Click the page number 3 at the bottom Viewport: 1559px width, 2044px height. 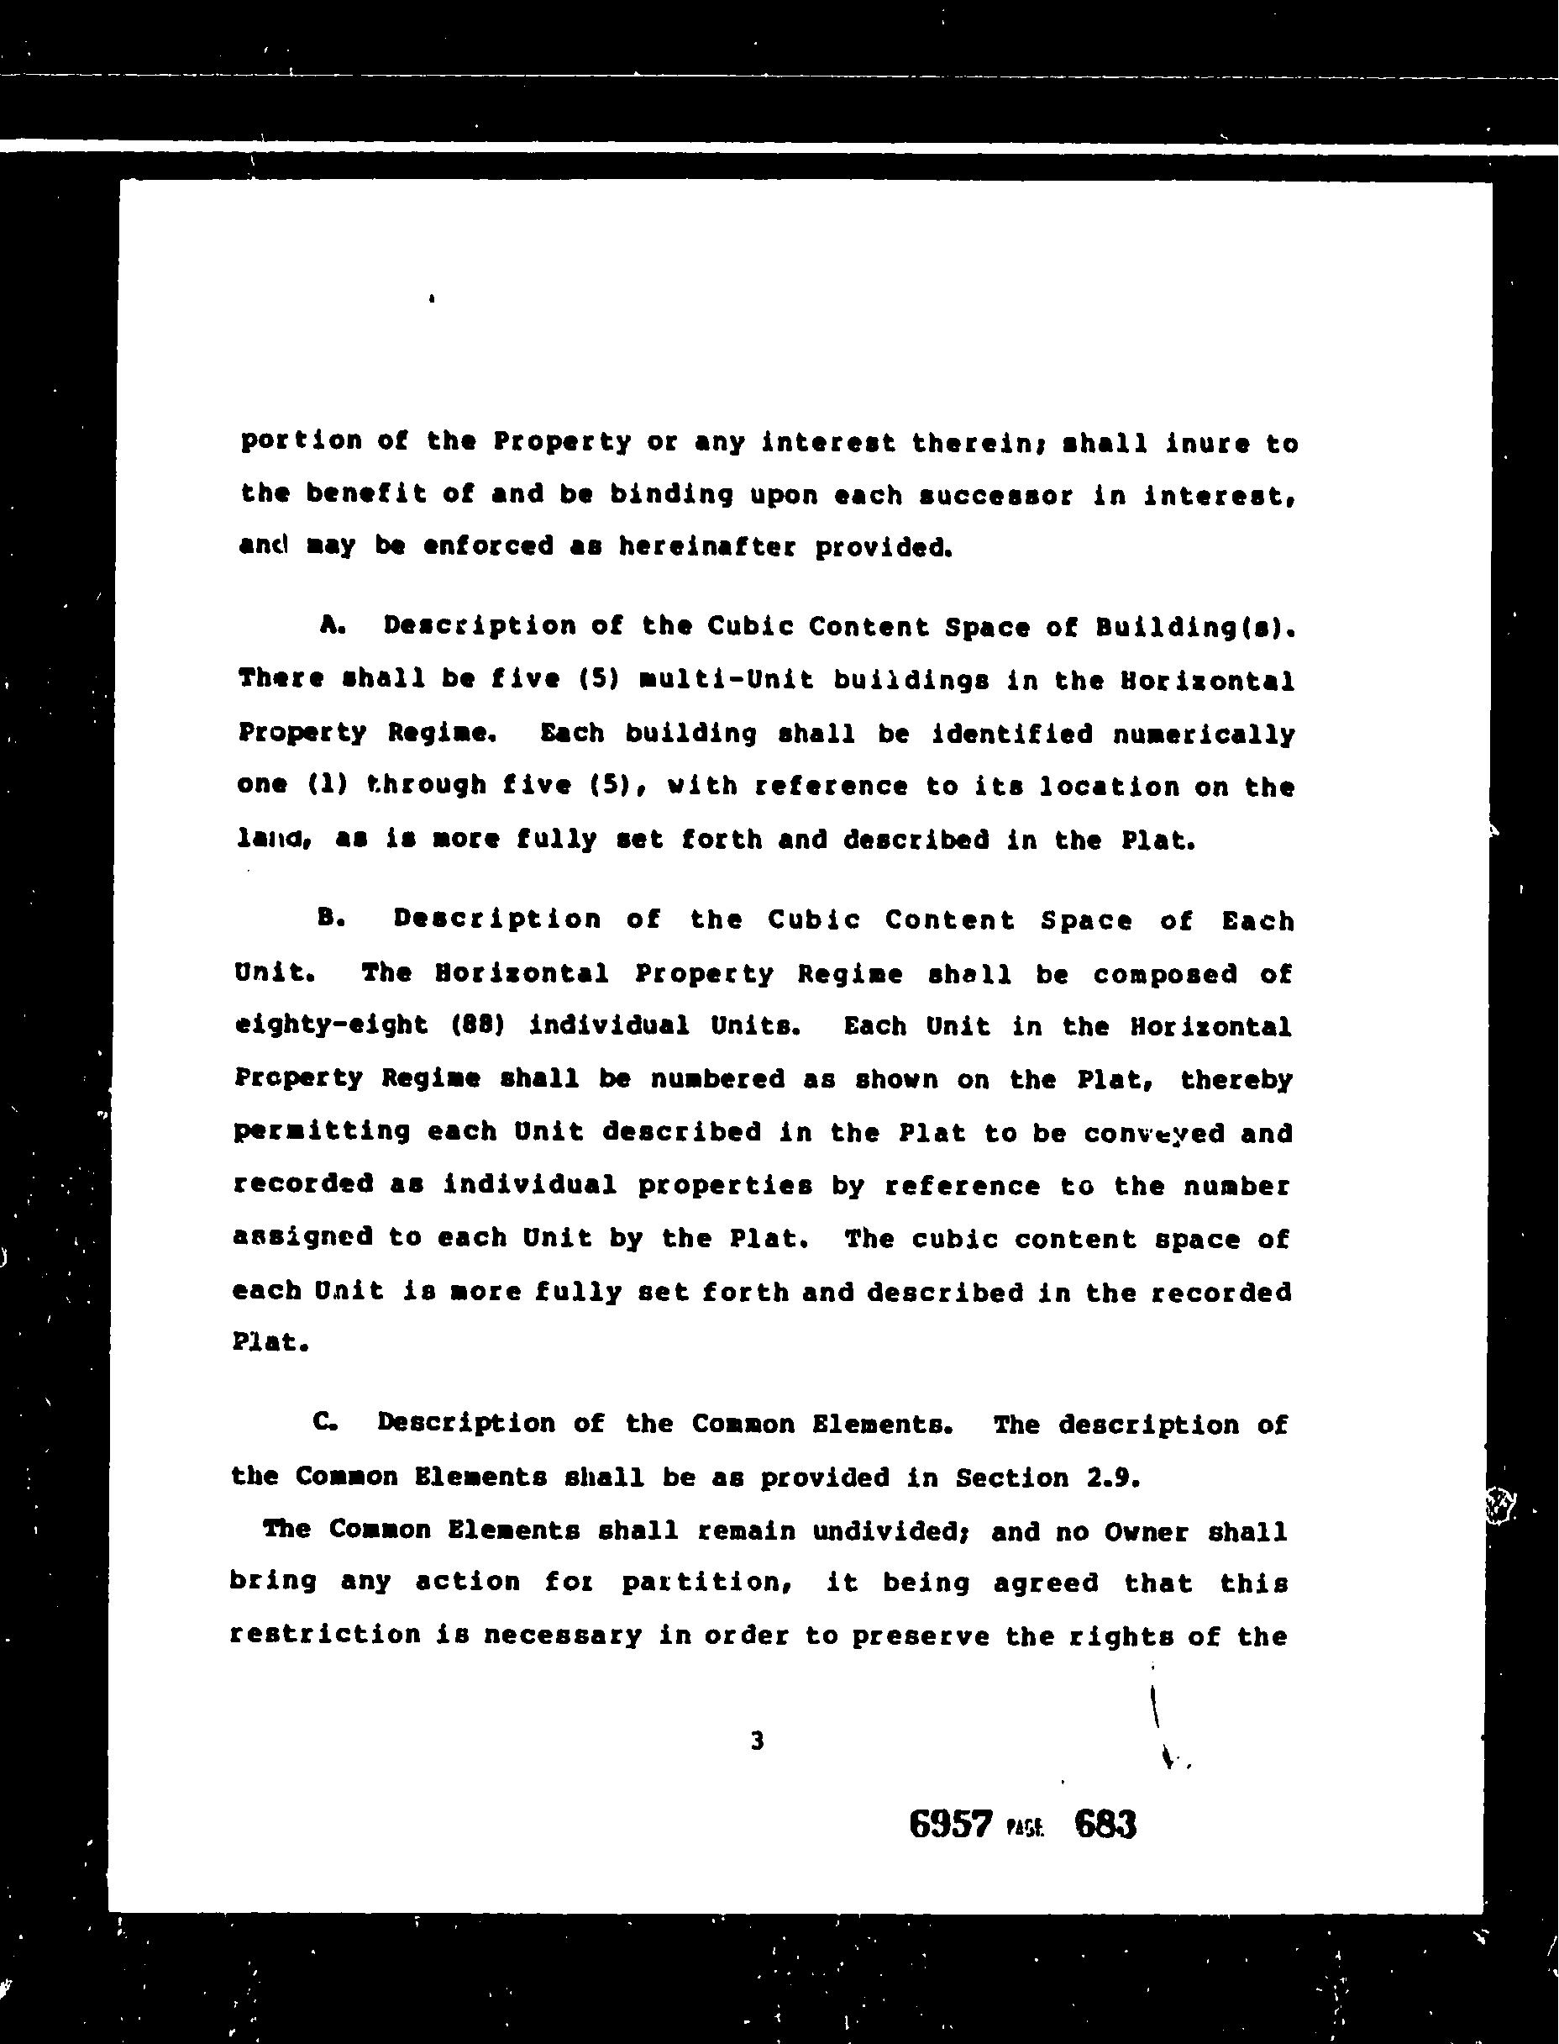pyautogui.click(x=757, y=1742)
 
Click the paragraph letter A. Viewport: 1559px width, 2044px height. pyautogui.click(x=330, y=625)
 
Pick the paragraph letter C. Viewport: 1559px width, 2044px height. pyautogui.click(x=325, y=1423)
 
